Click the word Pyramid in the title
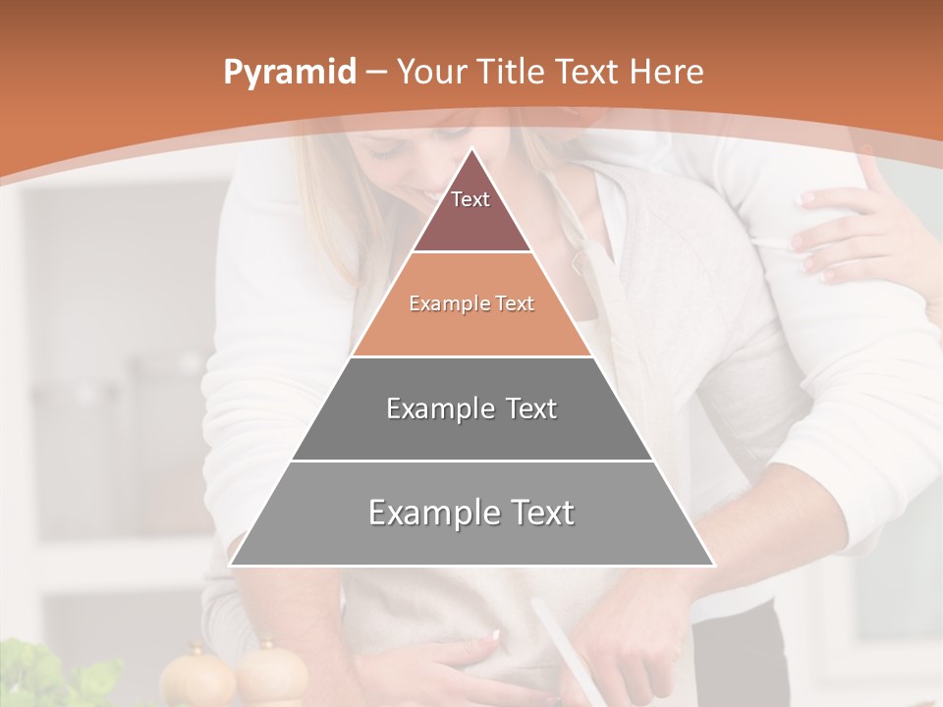pyautogui.click(x=289, y=73)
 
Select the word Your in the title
pyautogui.click(x=429, y=72)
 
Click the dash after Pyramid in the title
pyautogui.click(x=375, y=73)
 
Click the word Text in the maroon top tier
pyautogui.click(x=471, y=199)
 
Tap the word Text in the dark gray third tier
pyautogui.click(x=531, y=408)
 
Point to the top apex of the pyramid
pyautogui.click(x=471, y=148)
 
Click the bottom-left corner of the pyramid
pyautogui.click(x=230, y=566)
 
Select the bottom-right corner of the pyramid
pyautogui.click(x=714, y=566)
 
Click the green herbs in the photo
pyautogui.click(x=49, y=678)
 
